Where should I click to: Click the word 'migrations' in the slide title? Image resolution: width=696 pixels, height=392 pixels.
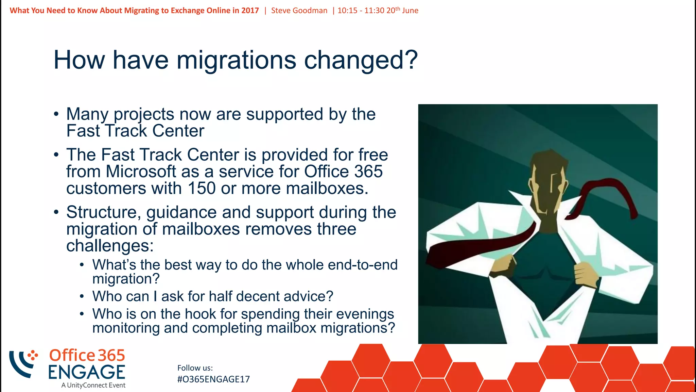click(x=236, y=60)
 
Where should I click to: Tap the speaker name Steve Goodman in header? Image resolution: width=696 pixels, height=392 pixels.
click(x=299, y=11)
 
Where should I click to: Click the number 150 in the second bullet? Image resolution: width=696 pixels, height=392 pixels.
click(x=202, y=188)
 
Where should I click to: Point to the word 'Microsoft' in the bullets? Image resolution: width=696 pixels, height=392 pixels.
click(x=141, y=171)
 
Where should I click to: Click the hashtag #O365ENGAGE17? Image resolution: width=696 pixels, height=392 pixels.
click(x=213, y=379)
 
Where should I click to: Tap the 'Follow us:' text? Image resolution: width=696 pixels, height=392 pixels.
click(x=195, y=368)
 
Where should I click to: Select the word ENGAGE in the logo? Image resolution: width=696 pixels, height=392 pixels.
click(x=87, y=372)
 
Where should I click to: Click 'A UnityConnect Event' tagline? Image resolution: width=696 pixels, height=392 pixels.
click(x=93, y=385)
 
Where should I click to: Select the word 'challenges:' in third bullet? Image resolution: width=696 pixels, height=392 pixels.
click(x=110, y=246)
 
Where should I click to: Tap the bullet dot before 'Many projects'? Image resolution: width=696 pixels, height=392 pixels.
click(x=56, y=114)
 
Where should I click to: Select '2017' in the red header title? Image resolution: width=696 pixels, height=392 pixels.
click(x=250, y=11)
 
